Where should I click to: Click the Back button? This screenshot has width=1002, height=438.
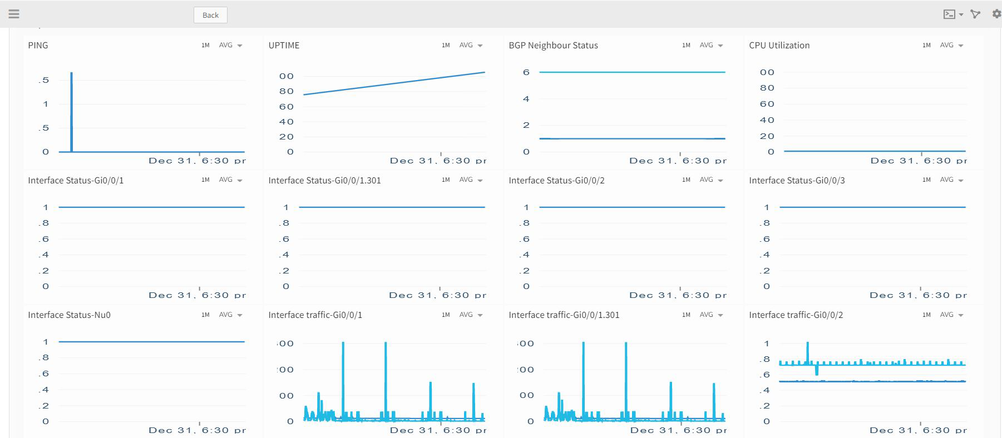pyautogui.click(x=210, y=15)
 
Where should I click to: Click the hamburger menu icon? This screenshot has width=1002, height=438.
pyautogui.click(x=14, y=14)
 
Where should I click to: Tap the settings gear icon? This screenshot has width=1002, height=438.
pyautogui.click(x=996, y=14)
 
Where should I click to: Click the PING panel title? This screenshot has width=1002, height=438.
pyautogui.click(x=38, y=46)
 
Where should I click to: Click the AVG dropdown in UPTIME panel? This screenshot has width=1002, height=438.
pyautogui.click(x=471, y=46)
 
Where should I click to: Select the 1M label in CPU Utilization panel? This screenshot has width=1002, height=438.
pyautogui.click(x=926, y=46)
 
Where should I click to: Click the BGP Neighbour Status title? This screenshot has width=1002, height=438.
pyautogui.click(x=553, y=46)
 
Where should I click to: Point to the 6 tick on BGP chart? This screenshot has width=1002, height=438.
pyautogui.click(x=526, y=72)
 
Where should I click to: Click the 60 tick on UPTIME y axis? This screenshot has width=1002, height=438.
pyautogui.click(x=286, y=107)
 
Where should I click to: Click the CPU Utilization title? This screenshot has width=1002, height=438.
pyautogui.click(x=779, y=46)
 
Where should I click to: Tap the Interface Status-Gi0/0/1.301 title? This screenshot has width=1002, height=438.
pyautogui.click(x=324, y=181)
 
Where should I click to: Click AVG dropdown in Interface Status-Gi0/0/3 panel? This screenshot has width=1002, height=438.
pyautogui.click(x=951, y=180)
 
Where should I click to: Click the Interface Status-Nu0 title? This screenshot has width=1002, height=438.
pyautogui.click(x=69, y=315)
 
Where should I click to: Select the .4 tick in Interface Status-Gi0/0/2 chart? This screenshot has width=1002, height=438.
pyautogui.click(x=525, y=255)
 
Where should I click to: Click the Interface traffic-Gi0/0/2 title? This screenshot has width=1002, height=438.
pyautogui.click(x=796, y=315)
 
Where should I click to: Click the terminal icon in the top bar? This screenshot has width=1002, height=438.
pyautogui.click(x=949, y=14)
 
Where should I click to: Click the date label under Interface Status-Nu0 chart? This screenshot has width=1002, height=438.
pyautogui.click(x=196, y=430)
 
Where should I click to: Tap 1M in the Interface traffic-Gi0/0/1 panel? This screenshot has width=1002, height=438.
pyautogui.click(x=446, y=315)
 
